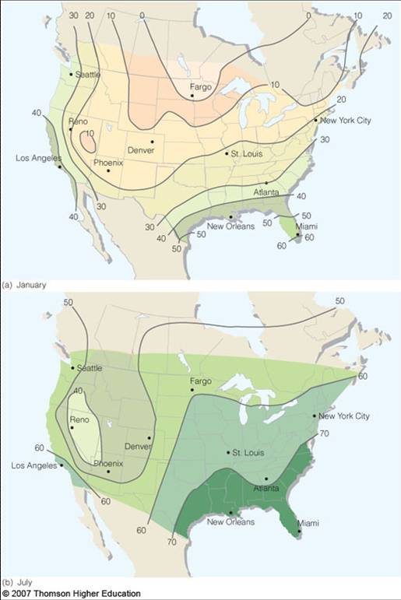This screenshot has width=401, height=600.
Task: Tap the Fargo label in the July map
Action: pyautogui.click(x=201, y=381)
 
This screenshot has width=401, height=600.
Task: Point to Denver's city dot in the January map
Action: pyautogui.click(x=153, y=141)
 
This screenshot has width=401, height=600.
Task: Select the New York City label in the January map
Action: pyautogui.click(x=344, y=120)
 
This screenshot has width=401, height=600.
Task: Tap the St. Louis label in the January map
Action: pyautogui.click(x=244, y=153)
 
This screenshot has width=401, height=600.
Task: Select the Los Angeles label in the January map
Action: pyautogui.click(x=37, y=159)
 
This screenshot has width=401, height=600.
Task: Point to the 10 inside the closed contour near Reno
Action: pyautogui.click(x=90, y=134)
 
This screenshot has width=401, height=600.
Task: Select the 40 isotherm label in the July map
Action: pyautogui.click(x=78, y=391)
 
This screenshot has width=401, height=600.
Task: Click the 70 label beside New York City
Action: pyautogui.click(x=325, y=433)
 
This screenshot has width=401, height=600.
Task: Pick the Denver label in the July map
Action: pyautogui.click(x=137, y=447)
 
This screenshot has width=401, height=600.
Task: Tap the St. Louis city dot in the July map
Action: pyautogui.click(x=227, y=452)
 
